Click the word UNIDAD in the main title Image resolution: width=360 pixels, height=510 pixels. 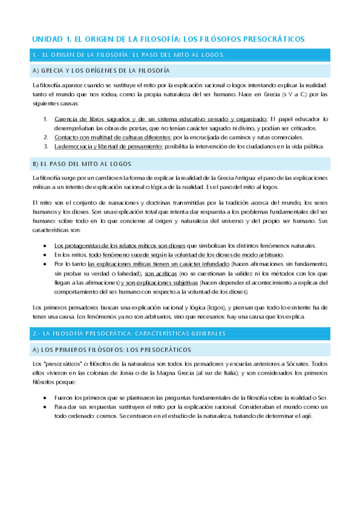point(47,38)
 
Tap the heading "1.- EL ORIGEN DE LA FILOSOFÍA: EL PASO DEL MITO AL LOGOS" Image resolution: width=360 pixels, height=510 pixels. point(129,55)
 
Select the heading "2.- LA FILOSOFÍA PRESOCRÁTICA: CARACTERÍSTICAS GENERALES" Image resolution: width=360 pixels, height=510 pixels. point(129,333)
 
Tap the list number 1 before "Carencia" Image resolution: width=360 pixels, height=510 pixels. point(46,119)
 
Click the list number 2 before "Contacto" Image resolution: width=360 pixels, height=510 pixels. point(46,137)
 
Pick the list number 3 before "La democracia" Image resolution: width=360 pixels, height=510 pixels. point(46,146)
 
